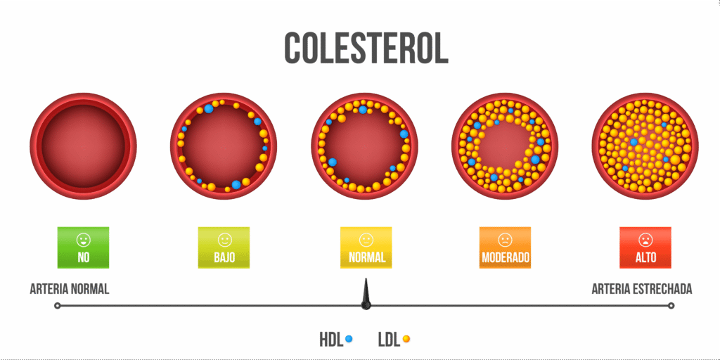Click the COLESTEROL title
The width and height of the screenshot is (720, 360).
tap(366, 48)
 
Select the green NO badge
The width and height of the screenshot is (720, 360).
tap(83, 247)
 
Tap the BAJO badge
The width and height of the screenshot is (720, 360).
tap(224, 247)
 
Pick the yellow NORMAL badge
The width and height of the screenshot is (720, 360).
tap(366, 247)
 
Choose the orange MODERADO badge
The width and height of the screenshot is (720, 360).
tap(505, 247)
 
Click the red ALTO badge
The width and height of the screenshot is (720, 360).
tap(645, 247)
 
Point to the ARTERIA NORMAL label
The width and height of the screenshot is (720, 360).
tap(70, 289)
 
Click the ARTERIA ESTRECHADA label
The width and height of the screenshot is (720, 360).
tap(641, 289)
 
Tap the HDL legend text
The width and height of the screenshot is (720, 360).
tap(331, 340)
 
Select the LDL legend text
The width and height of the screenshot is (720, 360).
tap(389, 340)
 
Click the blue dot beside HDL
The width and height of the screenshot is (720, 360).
tap(349, 339)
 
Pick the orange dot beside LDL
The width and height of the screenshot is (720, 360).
tap(406, 339)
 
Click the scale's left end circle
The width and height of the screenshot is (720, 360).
tap(58, 306)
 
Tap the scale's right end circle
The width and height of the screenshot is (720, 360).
tap(671, 306)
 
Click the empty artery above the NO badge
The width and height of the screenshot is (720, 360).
tap(83, 146)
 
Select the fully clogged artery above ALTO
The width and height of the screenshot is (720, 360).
tap(645, 146)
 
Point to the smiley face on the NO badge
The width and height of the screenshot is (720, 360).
tap(83, 239)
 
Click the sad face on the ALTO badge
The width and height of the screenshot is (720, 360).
tap(645, 239)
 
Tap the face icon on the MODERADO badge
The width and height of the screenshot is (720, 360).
tap(505, 239)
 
